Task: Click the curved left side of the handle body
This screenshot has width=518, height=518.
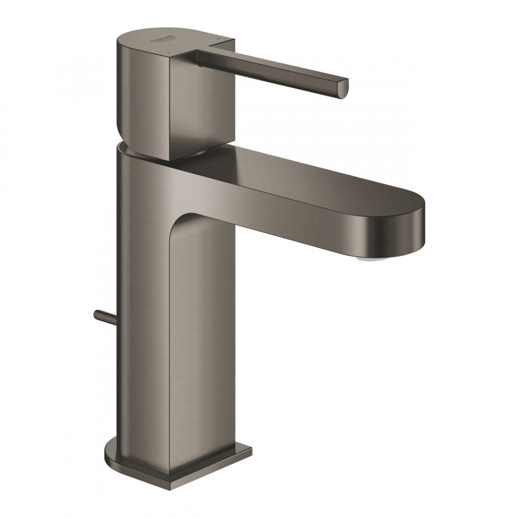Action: tap(124, 84)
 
